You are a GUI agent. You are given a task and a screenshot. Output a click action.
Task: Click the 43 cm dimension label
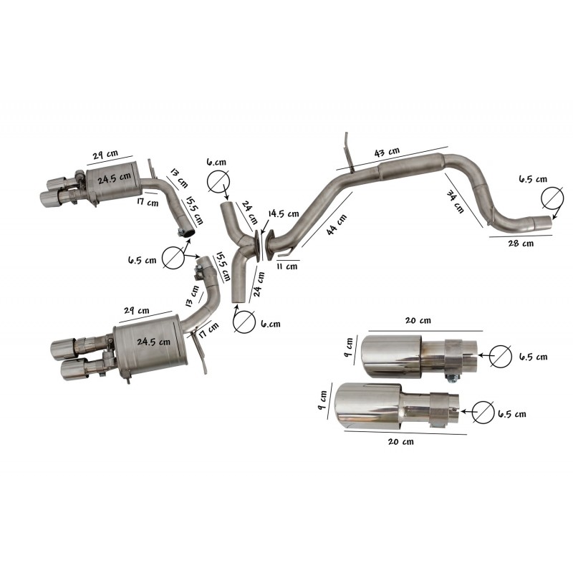tap(387, 153)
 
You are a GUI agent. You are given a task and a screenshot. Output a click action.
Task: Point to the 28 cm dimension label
tap(521, 244)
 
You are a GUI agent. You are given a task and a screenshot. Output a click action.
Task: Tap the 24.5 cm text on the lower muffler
tap(153, 342)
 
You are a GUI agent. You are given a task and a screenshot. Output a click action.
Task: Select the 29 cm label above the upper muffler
tap(105, 155)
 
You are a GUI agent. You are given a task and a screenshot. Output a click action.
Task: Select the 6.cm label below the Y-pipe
tap(270, 323)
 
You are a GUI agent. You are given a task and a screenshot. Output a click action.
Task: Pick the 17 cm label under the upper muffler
tap(148, 203)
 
